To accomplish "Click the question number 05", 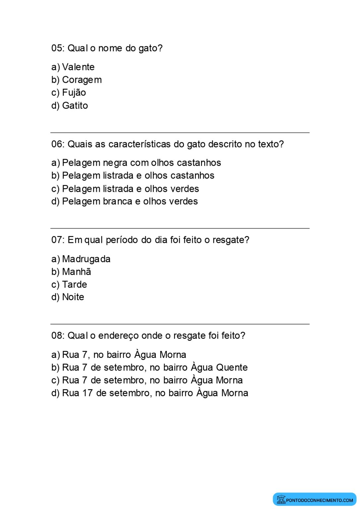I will [x=57, y=48].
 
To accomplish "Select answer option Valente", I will [x=78, y=67].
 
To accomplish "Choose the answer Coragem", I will [x=82, y=80].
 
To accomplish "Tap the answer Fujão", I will [x=74, y=93].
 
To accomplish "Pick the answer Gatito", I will [x=75, y=106].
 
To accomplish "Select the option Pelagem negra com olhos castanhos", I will [x=141, y=163].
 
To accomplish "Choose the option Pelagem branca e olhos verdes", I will [x=130, y=201].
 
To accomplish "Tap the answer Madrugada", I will [x=86, y=259].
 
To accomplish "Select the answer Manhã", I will [x=77, y=272].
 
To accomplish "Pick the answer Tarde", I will [x=75, y=285].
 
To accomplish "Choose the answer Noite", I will [x=73, y=297].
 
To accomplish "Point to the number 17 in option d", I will [x=88, y=393].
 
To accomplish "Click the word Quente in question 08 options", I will [x=232, y=368].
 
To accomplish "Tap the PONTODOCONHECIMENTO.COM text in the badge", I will [x=320, y=500].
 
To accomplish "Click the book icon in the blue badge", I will [x=281, y=499].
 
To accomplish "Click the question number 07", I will [x=57, y=240].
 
